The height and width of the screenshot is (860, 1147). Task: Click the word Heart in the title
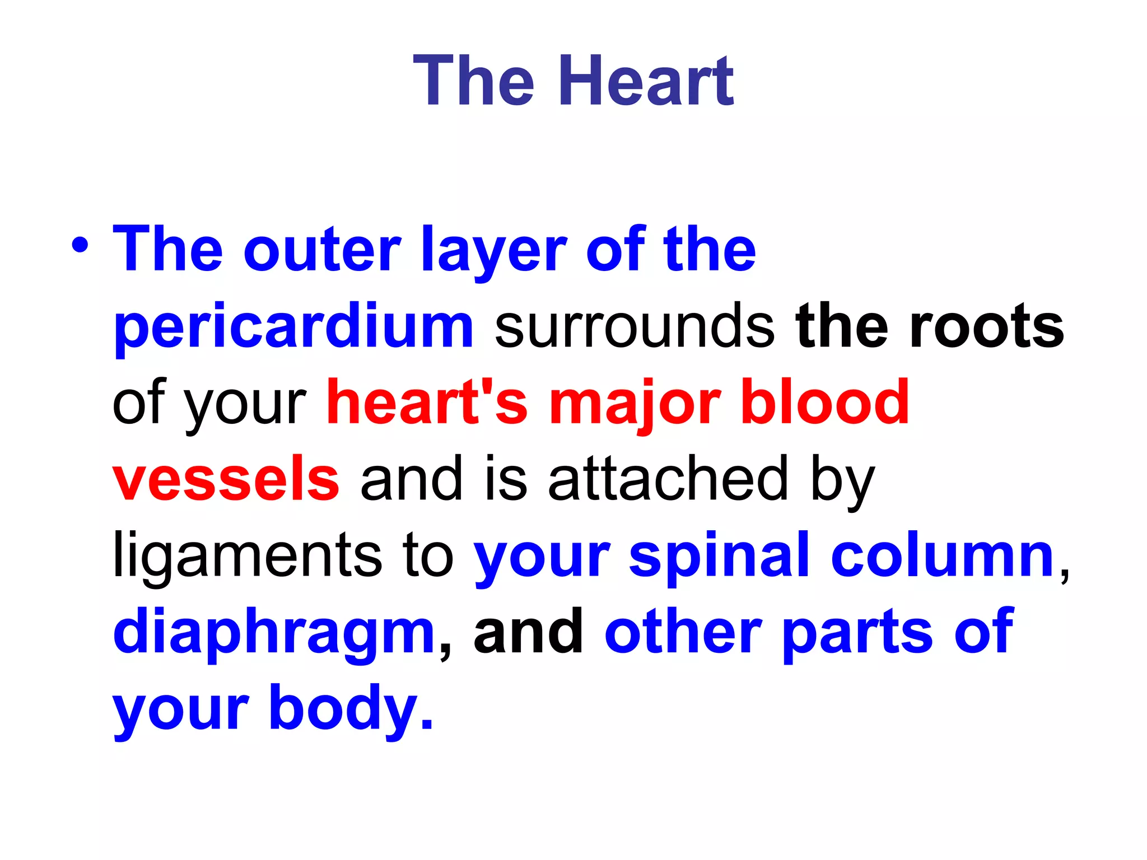click(646, 81)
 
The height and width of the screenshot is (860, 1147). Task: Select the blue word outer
click(323, 250)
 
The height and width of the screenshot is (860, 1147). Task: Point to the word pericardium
click(293, 328)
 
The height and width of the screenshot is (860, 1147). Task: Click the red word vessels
click(226, 479)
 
